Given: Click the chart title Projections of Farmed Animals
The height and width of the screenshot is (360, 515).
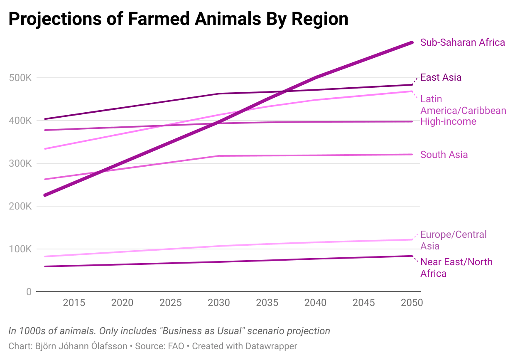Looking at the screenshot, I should tap(178, 19).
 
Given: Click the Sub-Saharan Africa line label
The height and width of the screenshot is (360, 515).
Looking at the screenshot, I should tap(462, 42).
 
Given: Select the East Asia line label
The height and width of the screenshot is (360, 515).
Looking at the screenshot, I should tap(441, 77).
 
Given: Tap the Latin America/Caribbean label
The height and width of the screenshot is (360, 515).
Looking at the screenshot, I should tap(463, 105).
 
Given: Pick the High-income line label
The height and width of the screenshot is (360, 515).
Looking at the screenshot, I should tap(448, 121).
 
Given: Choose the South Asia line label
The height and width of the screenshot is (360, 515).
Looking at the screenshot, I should tap(444, 155).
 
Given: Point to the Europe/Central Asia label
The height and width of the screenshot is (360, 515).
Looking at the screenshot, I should tap(453, 240).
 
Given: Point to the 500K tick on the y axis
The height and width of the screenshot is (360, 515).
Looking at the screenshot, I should tap(20, 78).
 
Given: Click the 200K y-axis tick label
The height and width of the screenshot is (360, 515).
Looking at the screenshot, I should tap(20, 206).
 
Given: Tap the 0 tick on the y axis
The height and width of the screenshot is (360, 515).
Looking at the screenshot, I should tap(28, 292).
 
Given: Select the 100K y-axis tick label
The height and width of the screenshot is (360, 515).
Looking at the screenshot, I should tap(20, 249).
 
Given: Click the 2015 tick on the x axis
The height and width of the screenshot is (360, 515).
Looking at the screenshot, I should tap(74, 303).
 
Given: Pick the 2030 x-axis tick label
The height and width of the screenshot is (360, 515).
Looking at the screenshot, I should tap(219, 303).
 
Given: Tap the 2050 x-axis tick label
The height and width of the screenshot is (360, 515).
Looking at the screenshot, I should tap(411, 303).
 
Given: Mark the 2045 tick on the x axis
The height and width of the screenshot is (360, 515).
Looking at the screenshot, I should tap(363, 303).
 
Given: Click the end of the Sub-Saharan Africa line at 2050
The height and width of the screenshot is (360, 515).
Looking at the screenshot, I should tap(412, 42).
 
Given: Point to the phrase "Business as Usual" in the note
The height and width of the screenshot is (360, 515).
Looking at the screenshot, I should tap(202, 331).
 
